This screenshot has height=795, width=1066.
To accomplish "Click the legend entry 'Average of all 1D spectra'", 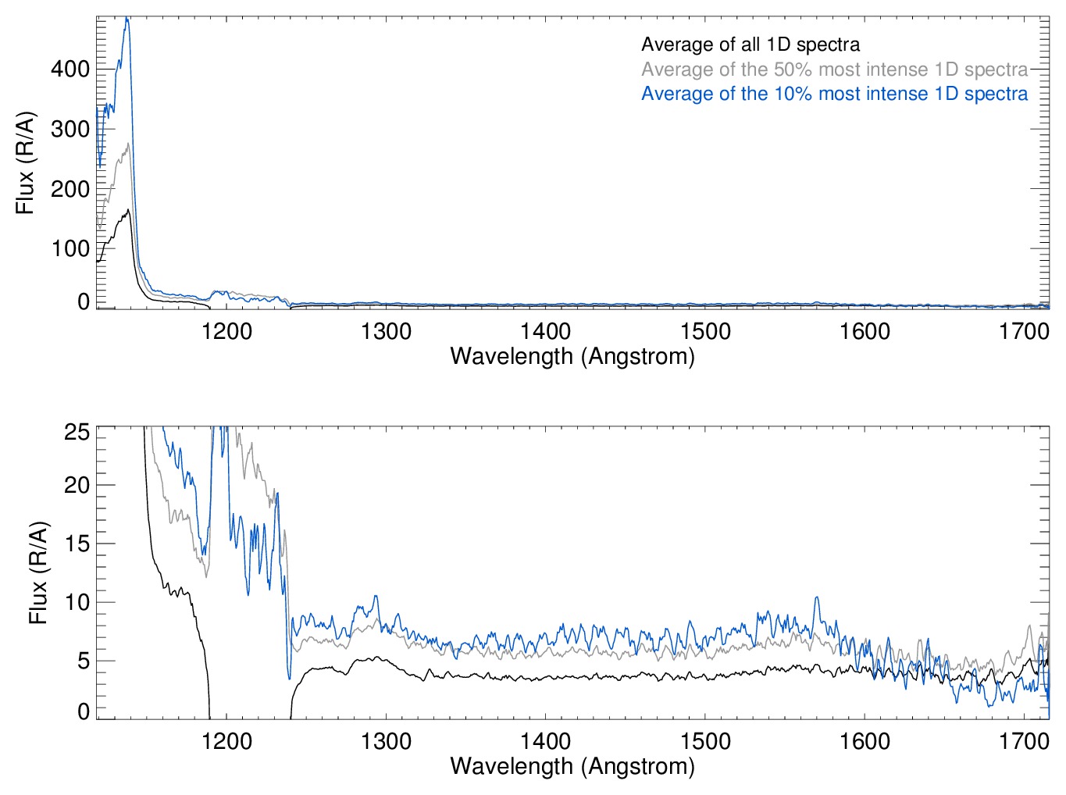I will point(750,45).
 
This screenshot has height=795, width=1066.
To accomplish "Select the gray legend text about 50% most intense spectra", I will point(834,70).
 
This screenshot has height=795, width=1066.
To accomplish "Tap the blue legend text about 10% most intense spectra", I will point(834,94).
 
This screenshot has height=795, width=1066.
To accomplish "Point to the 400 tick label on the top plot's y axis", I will point(70,70).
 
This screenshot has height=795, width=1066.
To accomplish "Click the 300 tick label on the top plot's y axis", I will point(70,129).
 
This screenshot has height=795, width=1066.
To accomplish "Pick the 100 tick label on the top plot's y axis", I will point(70,248).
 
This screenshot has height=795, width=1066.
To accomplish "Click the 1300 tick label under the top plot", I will point(386,331).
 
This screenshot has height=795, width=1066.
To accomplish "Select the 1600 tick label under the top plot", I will point(865,331).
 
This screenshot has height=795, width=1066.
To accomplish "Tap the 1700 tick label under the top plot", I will point(1024,331).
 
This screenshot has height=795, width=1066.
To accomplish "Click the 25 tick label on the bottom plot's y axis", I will point(77,432).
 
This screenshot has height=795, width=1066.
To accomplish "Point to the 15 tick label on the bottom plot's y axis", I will point(77,544).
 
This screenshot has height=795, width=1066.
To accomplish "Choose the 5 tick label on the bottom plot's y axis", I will point(84,661).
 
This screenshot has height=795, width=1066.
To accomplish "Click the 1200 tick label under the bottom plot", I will point(226,740).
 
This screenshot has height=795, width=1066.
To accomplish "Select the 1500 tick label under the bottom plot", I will point(705,740).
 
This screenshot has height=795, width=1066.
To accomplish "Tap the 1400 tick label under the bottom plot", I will point(545,740).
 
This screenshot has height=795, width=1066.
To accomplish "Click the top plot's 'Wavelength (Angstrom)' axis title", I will point(572,356).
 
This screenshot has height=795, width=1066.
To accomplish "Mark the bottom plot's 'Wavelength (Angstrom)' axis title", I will point(572,765).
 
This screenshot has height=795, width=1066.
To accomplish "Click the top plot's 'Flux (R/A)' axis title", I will point(26,162).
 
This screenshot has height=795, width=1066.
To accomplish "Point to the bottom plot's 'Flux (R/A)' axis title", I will point(38,572).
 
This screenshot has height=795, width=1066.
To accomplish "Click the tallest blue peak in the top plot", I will point(127,19).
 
